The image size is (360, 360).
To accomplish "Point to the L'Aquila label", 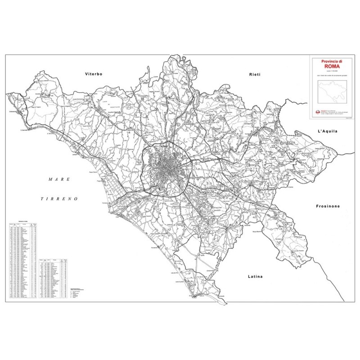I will tap(327, 131).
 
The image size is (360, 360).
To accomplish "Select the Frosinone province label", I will tap(327, 206).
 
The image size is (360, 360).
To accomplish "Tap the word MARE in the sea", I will tap(59, 179).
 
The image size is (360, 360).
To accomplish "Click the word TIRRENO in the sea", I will tap(59, 198).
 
